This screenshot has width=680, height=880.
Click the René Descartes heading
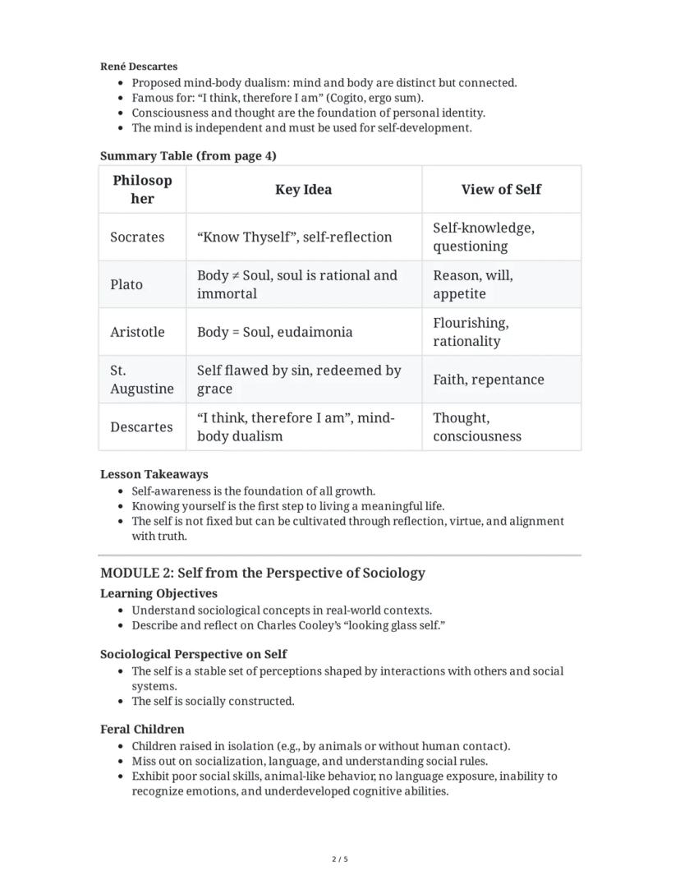138,67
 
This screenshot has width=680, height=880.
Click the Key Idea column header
303,190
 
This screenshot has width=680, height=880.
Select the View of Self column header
501,190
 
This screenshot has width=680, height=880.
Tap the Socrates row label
137,237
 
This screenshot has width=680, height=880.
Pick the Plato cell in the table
126,285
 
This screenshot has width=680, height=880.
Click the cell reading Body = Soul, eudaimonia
274,333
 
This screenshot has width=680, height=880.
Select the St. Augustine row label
141,380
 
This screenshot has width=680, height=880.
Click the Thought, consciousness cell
476,427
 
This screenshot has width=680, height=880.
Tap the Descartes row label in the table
141,427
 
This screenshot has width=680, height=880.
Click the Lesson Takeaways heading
154,474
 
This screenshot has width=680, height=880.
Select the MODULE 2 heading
262,573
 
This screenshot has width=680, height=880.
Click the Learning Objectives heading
159,593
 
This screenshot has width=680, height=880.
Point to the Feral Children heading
142,729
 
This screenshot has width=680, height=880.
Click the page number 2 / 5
339,859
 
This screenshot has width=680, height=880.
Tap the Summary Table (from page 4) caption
188,156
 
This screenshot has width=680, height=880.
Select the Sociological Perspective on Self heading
193,654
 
